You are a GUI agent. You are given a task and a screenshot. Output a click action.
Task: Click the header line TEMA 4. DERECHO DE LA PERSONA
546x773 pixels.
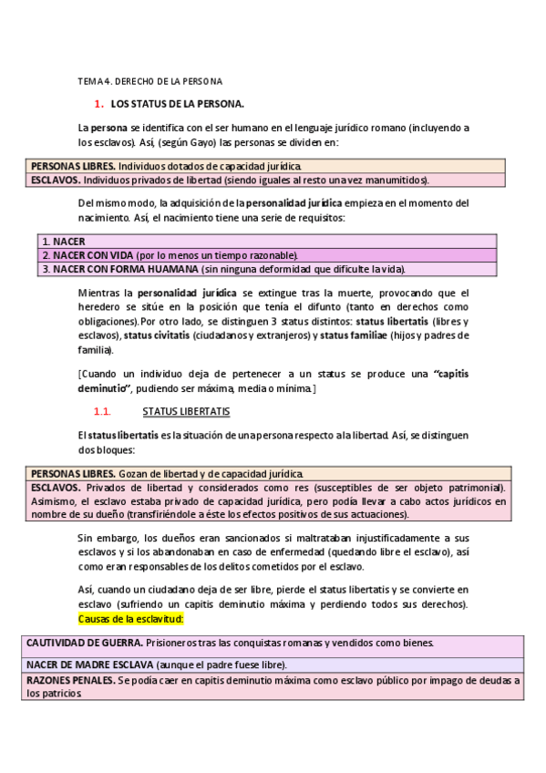(x=149, y=82)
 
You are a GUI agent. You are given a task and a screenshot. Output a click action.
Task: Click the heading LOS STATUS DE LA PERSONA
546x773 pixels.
(x=177, y=105)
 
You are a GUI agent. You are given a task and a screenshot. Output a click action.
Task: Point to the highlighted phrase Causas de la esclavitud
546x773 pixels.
(x=131, y=619)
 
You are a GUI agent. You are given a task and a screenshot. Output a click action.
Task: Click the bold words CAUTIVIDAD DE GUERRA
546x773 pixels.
(x=82, y=643)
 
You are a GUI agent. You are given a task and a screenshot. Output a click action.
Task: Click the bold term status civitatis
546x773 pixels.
(x=157, y=335)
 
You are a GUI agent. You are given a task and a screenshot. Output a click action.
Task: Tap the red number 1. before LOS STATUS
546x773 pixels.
(x=99, y=105)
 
